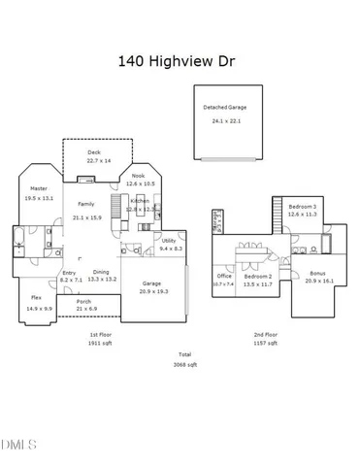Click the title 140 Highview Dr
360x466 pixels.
pos(178,60)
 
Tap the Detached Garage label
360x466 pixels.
pos(224,107)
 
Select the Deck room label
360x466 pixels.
pos(93,152)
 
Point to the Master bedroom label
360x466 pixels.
pos(39,188)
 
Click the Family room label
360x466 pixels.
pos(86,204)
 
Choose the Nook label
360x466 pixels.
pos(138,176)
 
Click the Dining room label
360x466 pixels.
pos(101,272)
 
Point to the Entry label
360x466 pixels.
pos(69,273)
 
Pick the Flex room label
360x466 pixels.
pos(36,297)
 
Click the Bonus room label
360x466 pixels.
pos(318,274)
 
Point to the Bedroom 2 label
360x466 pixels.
pos(257,277)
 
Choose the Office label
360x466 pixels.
pos(224,277)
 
